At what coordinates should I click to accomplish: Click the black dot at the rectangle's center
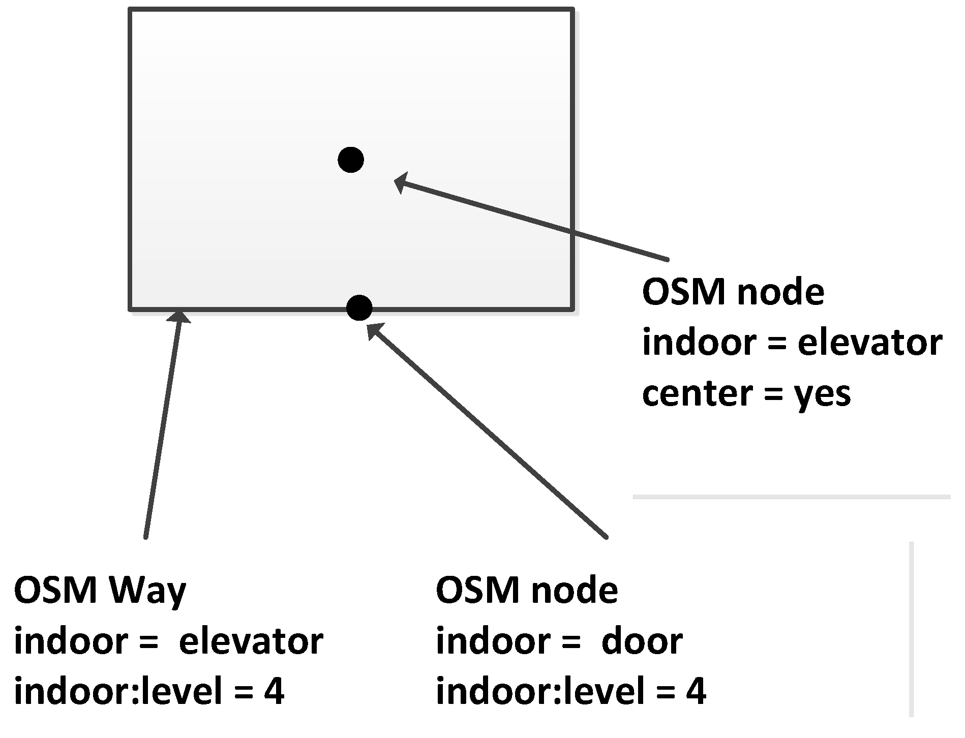coord(351,160)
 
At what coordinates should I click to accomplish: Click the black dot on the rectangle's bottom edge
coord(359,307)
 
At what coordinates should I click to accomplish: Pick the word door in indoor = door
coord(642,641)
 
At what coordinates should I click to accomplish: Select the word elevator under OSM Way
coord(251,641)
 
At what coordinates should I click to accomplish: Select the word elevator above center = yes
coord(870,343)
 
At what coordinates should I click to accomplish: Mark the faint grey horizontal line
coord(791,497)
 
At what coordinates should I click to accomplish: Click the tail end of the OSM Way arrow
coord(146,536)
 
